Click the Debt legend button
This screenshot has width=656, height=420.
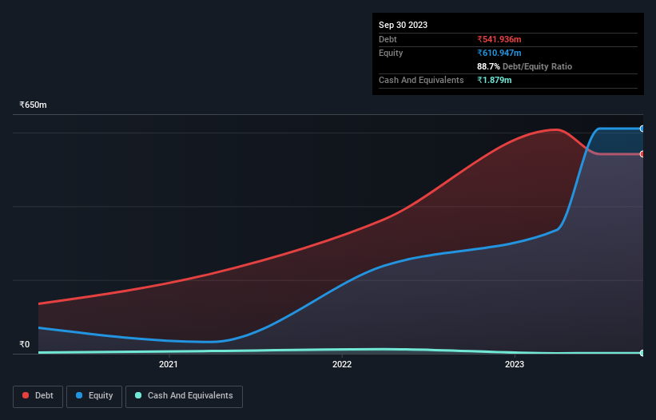click(x=37, y=396)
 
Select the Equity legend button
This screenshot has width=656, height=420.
click(x=94, y=396)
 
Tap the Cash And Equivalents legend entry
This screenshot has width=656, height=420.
click(x=184, y=396)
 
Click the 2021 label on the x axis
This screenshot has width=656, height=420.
click(x=169, y=365)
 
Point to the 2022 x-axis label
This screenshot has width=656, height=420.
click(x=342, y=365)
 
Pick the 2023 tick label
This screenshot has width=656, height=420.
click(x=515, y=365)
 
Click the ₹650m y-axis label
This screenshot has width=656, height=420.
click(x=34, y=105)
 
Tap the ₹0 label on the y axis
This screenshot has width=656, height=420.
click(x=24, y=345)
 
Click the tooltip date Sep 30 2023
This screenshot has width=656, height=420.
click(x=403, y=25)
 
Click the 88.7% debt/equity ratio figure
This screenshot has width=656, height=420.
click(x=488, y=66)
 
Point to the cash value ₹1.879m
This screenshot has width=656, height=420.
click(x=495, y=80)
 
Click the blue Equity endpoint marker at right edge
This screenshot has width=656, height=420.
click(x=642, y=129)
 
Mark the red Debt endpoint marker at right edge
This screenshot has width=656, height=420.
click(x=642, y=154)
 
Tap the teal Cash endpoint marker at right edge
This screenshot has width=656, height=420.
click(x=642, y=353)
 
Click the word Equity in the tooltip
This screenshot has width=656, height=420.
click(x=391, y=53)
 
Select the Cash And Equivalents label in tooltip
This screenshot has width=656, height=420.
click(x=421, y=80)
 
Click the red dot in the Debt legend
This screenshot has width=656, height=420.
click(x=26, y=396)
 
